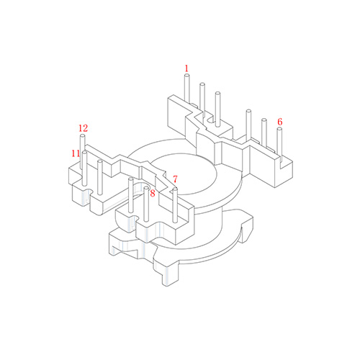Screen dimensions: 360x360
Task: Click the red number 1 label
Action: (x=186, y=68)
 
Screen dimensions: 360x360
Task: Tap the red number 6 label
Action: (x=280, y=122)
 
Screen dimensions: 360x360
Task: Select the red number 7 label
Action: (x=175, y=179)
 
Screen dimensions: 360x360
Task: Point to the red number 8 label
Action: (x=153, y=194)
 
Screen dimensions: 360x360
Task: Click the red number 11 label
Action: (x=76, y=153)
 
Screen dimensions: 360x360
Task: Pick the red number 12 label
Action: (x=84, y=128)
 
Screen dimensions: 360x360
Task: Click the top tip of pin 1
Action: (x=187, y=76)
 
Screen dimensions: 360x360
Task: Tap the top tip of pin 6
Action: (x=279, y=129)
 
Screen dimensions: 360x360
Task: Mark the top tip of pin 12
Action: (x=82, y=136)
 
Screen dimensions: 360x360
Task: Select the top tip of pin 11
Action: (x=84, y=152)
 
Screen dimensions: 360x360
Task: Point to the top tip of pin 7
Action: (x=175, y=189)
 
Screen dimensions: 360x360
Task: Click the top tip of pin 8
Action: (x=146, y=188)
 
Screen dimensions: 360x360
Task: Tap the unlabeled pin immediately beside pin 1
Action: (x=202, y=100)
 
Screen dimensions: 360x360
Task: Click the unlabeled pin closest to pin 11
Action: (x=100, y=177)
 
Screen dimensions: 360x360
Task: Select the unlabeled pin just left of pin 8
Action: (x=131, y=195)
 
